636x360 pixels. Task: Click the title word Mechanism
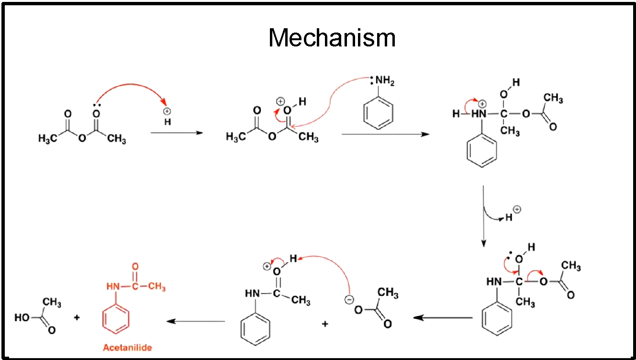point(332,38)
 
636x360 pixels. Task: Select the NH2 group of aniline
point(384,81)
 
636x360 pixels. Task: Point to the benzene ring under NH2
point(379,113)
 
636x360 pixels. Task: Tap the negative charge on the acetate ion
point(349,300)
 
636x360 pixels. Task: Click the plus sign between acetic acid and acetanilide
point(77,317)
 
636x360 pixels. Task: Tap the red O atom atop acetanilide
point(135,267)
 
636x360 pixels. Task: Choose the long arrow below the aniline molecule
point(385,135)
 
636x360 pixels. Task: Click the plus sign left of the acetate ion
point(325,324)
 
